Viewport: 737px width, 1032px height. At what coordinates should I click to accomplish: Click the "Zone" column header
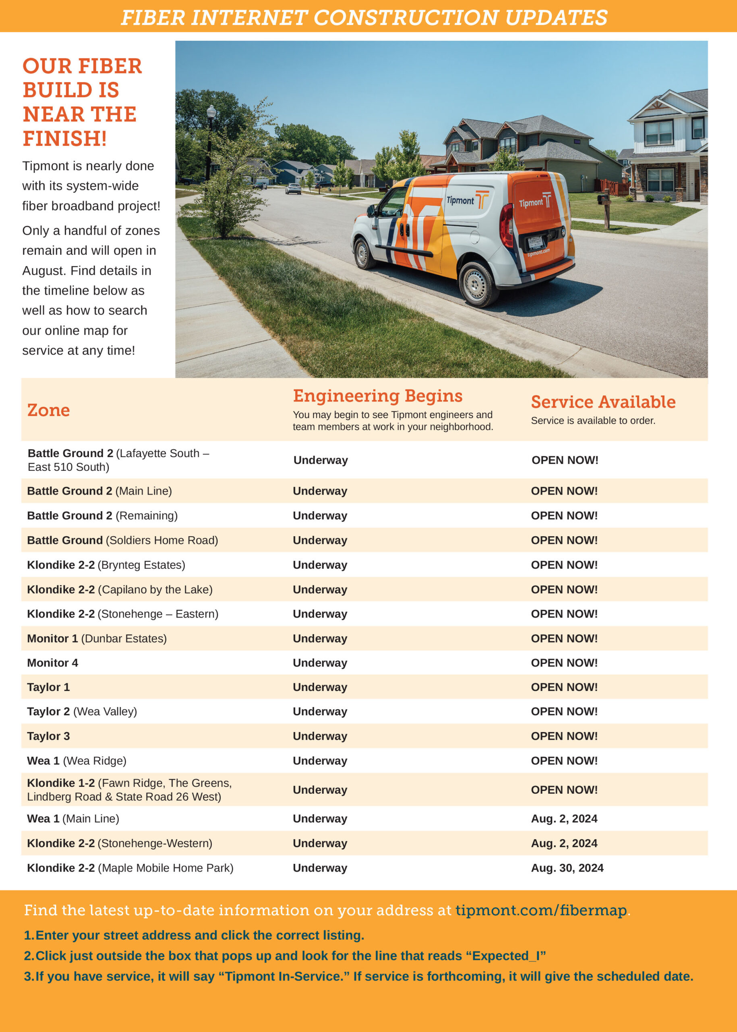click(x=49, y=410)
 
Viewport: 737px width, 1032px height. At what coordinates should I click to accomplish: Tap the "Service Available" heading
click(x=603, y=402)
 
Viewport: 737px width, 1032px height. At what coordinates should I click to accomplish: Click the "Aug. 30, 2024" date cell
click(x=567, y=868)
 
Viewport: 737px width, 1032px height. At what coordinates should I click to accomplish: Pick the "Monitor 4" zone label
click(x=53, y=663)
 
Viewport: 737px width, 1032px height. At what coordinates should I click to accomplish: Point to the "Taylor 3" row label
click(x=49, y=736)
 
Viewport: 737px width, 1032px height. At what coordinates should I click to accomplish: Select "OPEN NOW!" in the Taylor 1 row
click(x=564, y=687)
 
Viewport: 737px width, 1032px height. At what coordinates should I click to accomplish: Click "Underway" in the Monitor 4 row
click(x=320, y=663)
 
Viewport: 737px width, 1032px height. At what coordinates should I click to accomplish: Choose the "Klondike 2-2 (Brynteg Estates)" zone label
click(x=106, y=565)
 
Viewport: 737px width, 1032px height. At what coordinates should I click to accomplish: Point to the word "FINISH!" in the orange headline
click(x=65, y=139)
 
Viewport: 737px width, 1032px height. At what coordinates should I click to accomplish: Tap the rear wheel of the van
click(x=475, y=285)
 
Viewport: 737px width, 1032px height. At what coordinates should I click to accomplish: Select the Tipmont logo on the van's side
click(x=468, y=200)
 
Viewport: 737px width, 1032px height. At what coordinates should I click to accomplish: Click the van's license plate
click(x=534, y=243)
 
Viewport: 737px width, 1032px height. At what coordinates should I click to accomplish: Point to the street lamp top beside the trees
click(x=211, y=112)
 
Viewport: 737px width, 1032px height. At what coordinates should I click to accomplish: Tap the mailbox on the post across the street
click(x=604, y=198)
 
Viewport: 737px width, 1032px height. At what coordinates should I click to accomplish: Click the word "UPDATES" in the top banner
click(x=556, y=17)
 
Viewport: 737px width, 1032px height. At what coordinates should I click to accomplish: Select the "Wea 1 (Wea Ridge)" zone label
click(x=77, y=761)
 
